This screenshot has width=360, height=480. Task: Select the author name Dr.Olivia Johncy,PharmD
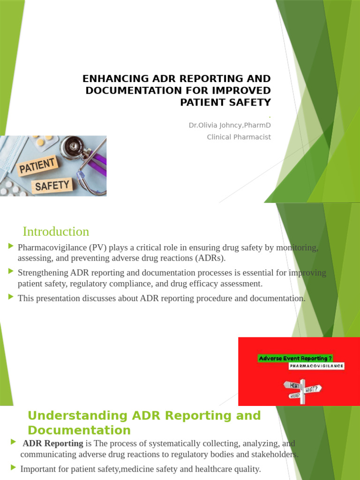[x=229, y=125]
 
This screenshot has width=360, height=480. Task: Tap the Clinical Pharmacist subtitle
[x=239, y=137]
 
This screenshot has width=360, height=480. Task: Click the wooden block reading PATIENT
[x=37, y=166]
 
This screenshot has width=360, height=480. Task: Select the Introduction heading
[x=56, y=232]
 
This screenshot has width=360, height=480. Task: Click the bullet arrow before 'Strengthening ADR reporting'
[x=11, y=271]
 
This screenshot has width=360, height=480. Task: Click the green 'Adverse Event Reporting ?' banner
[x=295, y=359]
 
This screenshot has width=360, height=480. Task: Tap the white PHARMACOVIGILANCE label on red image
[x=316, y=366]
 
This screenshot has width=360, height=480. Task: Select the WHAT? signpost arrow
[x=313, y=389]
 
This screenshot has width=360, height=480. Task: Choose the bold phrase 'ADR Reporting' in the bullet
[x=53, y=443]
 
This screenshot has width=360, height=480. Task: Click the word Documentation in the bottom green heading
[x=79, y=430]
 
